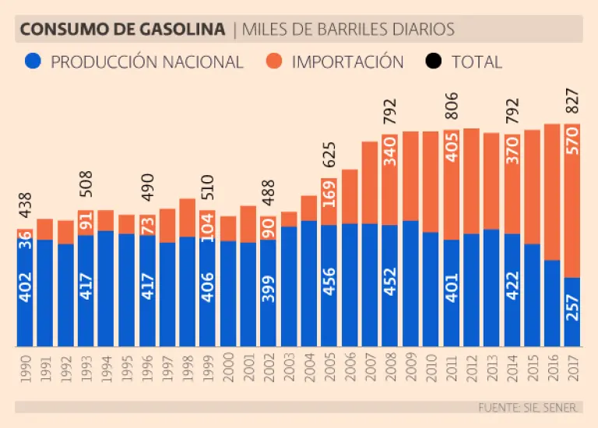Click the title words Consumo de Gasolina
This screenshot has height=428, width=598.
tap(123, 30)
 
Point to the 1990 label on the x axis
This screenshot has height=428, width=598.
tap(25, 367)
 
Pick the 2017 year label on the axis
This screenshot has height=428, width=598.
tap(572, 367)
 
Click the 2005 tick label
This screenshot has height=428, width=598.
tap(329, 367)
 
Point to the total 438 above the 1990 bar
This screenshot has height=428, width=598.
tap(25, 209)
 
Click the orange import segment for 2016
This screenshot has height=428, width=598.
tap(552, 191)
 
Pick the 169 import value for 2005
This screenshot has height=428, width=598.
tap(329, 201)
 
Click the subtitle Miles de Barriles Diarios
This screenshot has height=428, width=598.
tap(348, 30)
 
